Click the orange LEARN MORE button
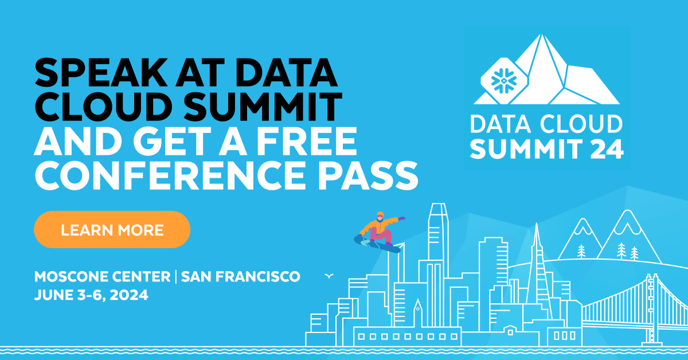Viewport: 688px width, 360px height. coord(112,230)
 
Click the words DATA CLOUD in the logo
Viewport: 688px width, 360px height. coord(546,124)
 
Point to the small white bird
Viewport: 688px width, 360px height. coord(329,276)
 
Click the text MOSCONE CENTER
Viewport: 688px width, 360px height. coord(101,276)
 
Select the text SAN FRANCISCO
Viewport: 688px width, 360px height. coord(240,276)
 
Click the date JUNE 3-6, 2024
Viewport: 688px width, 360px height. coord(91,295)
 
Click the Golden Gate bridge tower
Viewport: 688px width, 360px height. coord(652,304)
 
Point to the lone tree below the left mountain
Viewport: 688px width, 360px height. coord(582,251)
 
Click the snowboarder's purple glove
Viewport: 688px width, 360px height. coord(402,218)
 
